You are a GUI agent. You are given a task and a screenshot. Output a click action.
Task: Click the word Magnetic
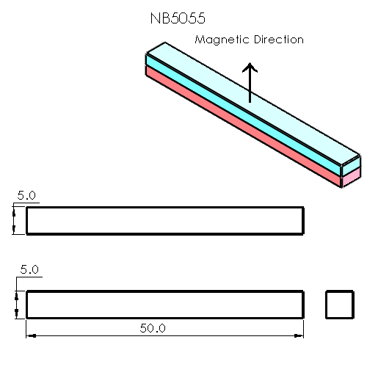point(221,40)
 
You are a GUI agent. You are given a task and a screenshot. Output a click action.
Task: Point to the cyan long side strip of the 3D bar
point(242,114)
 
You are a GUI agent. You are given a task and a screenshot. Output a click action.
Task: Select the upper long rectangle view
point(165,220)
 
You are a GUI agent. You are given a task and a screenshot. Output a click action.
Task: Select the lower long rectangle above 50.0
point(165,304)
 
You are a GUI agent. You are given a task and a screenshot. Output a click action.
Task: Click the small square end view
point(339,304)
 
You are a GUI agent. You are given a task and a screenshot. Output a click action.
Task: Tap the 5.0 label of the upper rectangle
point(26,195)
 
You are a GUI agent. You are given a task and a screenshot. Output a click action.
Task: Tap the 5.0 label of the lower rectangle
point(29,270)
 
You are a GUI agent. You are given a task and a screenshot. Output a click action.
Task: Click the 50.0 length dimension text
point(153,327)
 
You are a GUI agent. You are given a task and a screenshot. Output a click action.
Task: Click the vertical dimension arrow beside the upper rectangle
point(15,220)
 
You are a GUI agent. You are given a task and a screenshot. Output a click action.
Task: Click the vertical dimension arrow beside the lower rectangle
point(15,304)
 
